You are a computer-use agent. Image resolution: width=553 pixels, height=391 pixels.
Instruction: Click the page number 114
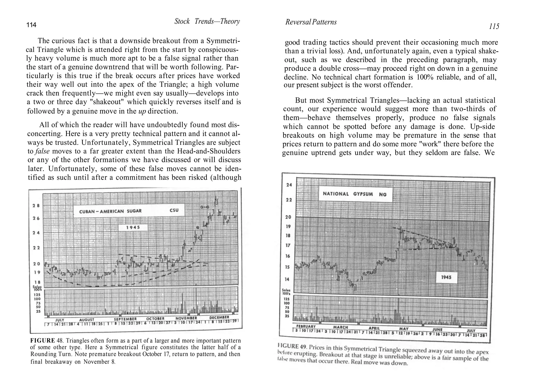pos(31,25)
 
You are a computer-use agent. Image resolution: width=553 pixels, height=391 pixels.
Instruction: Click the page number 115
pos(494,26)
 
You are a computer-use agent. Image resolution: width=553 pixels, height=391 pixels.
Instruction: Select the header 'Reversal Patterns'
pos(311,22)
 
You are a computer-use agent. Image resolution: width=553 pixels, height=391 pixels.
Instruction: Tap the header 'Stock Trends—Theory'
pos(207,21)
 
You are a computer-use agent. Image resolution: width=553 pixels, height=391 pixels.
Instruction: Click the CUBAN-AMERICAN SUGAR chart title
pos(110,211)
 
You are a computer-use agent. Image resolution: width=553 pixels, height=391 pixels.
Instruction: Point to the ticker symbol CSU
pos(174,210)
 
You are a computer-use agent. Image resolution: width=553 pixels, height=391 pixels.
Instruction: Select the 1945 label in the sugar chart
pos(133,227)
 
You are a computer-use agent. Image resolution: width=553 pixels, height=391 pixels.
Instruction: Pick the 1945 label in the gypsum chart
pos(446,277)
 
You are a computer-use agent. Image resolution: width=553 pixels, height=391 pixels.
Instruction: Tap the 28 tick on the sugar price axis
pos(36,205)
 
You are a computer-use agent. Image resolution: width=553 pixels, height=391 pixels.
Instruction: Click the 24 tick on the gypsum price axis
pos(289,185)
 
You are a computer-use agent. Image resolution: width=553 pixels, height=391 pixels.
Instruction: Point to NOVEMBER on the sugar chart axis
pos(186,318)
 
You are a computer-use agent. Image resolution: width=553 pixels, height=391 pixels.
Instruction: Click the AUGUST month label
pos(87,320)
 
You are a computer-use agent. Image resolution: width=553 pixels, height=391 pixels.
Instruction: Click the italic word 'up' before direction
pos(142,111)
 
